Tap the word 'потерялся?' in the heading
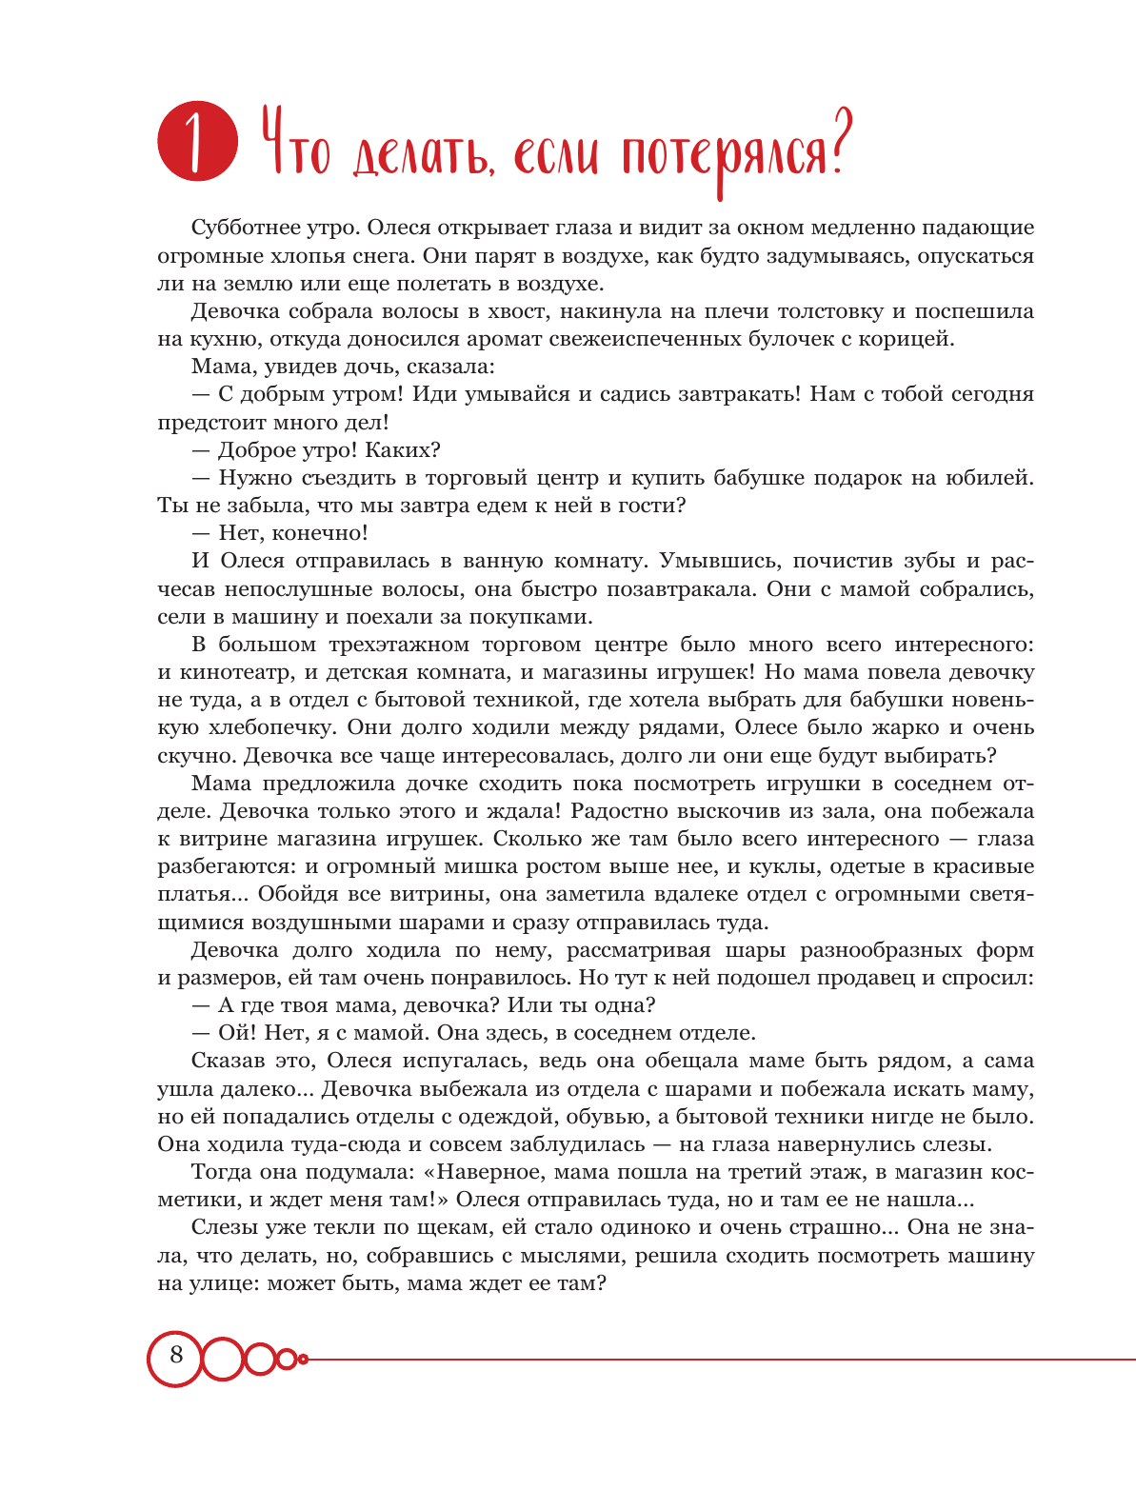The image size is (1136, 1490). tap(733, 152)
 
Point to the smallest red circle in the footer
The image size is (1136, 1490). tap(303, 1359)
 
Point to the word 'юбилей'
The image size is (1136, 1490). tap(994, 478)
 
